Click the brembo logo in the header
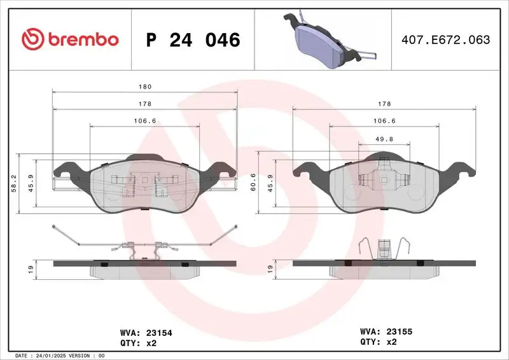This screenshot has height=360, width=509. click(70, 39)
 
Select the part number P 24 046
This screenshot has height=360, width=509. click(193, 40)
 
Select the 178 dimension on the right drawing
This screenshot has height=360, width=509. click(384, 104)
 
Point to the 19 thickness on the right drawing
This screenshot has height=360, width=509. click(270, 269)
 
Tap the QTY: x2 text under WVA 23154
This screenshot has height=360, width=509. click(138, 343)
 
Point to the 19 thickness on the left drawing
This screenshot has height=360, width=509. click(31, 269)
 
